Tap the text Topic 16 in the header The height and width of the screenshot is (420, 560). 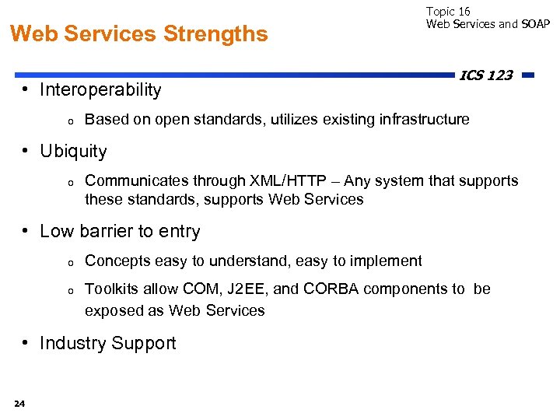point(448,11)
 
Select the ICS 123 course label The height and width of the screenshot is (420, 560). point(486,75)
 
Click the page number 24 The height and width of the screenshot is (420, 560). point(19,403)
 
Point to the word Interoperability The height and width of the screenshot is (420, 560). point(100,90)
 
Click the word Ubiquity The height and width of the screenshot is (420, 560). point(73,151)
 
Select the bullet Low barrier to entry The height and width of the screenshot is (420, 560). point(120,232)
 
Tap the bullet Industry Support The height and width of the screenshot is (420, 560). point(107,344)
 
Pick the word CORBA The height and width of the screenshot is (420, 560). point(331,289)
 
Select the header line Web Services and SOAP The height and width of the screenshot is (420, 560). point(488,24)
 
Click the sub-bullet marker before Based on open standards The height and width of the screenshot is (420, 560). point(70,121)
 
